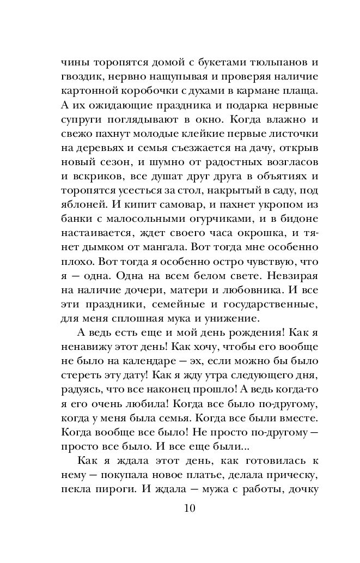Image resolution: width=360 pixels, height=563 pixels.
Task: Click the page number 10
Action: [x=190, y=508]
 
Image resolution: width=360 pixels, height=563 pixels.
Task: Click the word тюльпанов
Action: [x=258, y=62]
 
